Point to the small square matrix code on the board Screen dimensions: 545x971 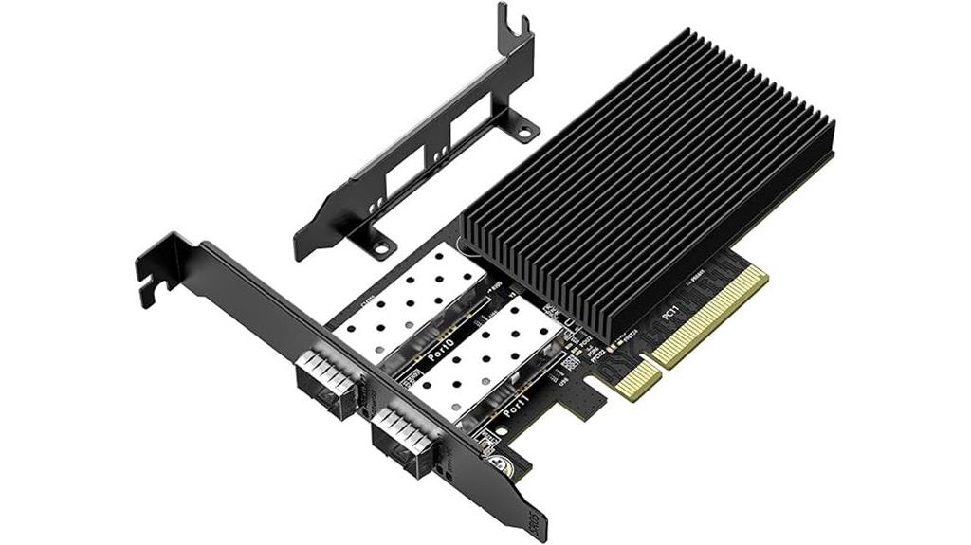tap(568, 363)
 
